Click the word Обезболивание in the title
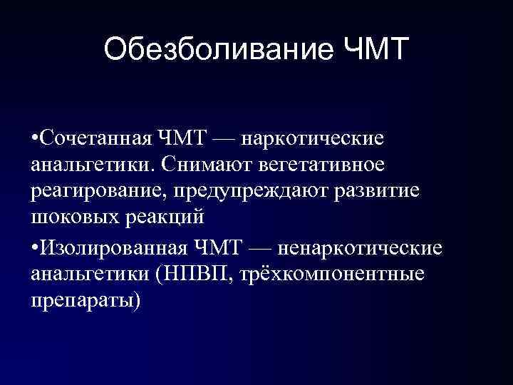(x=216, y=51)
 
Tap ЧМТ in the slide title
(x=370, y=51)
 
